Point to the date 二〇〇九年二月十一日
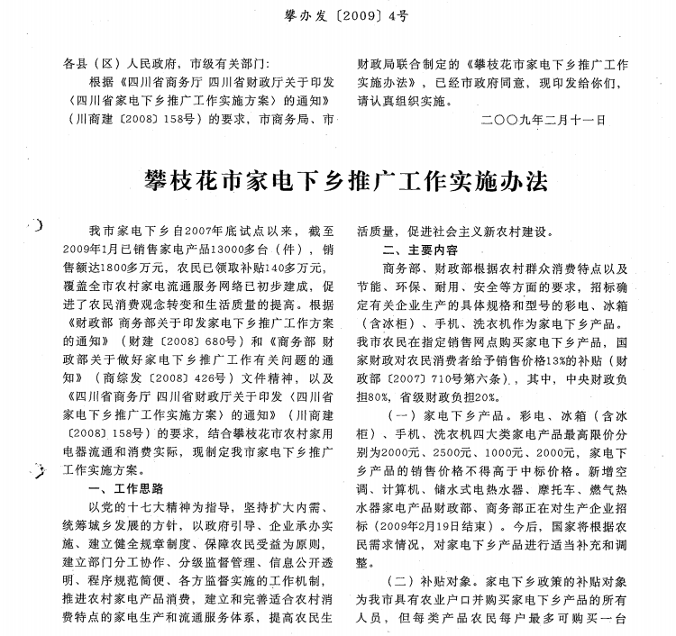pos(544,118)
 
